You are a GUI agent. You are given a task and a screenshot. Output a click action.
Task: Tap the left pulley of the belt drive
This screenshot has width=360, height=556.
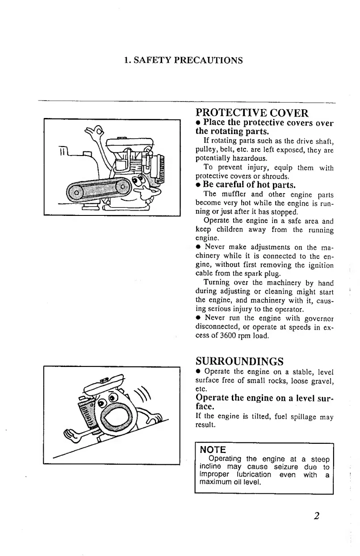click(x=76, y=193)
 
